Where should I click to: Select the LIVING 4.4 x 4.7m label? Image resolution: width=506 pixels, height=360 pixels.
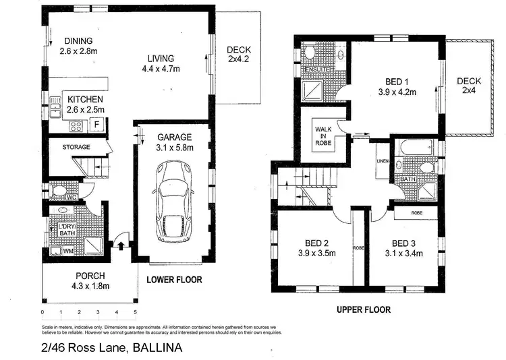(162, 63)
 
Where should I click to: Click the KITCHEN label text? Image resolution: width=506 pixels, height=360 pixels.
(85, 99)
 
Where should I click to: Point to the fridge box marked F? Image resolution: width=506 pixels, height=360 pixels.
(97, 125)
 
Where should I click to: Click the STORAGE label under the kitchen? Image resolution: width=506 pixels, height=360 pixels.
(76, 146)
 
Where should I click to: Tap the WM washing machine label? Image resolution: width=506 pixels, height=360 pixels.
(67, 251)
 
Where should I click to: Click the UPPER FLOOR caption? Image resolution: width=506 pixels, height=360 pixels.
(363, 310)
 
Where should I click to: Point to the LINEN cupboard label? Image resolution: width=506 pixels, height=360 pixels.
(383, 161)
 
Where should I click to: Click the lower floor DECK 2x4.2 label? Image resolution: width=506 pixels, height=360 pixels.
(239, 55)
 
